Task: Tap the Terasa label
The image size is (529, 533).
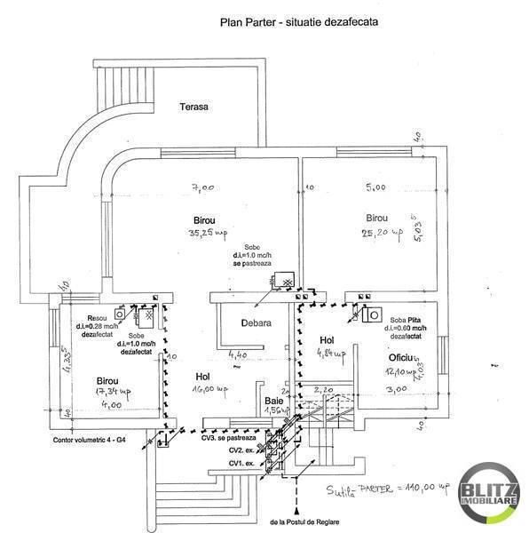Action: [193, 107]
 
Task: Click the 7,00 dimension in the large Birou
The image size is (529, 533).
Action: [203, 188]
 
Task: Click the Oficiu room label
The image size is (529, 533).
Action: [404, 358]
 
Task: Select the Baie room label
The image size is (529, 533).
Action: [272, 401]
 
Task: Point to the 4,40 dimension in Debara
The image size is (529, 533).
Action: [237, 356]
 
